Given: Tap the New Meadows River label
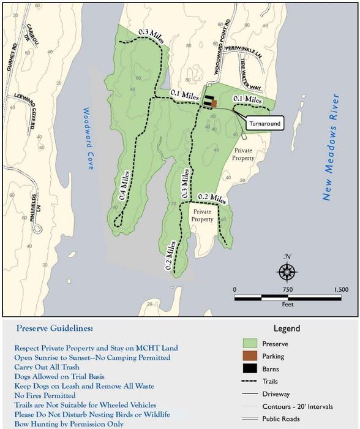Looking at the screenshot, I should click(329, 147).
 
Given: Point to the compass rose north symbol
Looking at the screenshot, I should click(287, 270).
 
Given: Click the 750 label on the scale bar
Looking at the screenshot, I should click(288, 290).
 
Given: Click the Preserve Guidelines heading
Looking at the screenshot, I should click(54, 328).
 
